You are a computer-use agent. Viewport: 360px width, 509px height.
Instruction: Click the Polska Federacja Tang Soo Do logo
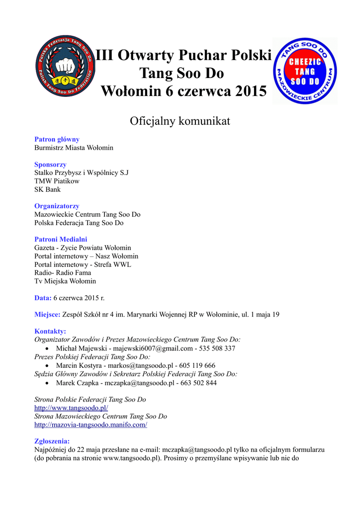pos(65,65)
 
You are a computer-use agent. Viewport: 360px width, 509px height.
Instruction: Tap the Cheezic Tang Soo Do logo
pos(305,71)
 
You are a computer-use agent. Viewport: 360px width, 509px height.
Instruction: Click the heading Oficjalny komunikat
pos(180,121)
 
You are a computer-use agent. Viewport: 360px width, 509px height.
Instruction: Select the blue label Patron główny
pos(57,140)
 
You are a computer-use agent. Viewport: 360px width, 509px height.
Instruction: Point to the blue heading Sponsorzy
pos(50,165)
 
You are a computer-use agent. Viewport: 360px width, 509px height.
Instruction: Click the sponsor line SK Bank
pos(47,189)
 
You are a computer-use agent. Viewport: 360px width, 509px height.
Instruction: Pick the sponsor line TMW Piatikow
pos(57,181)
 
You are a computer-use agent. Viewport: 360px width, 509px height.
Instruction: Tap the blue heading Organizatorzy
pos(57,206)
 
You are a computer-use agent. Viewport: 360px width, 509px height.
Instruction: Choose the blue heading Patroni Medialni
pos(61,239)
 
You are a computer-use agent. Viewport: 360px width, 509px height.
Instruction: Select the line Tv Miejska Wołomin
pos(65,281)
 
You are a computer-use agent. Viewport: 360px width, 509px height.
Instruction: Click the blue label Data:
pos(43,298)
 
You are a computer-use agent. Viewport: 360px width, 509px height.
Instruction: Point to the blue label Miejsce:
pos(47,314)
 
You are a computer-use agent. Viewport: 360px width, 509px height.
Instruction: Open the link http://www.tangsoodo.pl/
pos(71,408)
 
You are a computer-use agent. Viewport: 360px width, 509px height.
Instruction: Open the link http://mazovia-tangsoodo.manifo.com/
pos(90,425)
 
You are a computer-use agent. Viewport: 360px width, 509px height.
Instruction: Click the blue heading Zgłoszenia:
pos(52,441)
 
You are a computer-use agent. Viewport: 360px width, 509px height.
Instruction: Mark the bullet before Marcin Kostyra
pos(47,366)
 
